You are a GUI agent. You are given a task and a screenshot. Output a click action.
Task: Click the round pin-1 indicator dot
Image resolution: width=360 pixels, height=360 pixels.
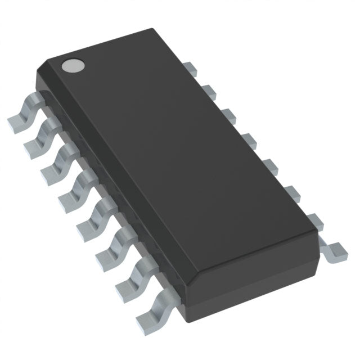72,66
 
